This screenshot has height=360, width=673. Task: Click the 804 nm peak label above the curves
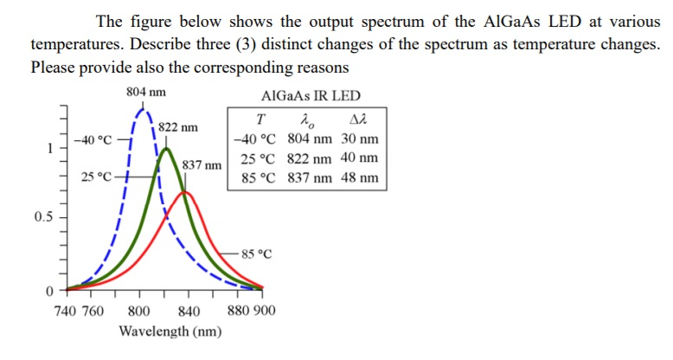point(146,93)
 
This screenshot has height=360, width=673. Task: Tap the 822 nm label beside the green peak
point(178,127)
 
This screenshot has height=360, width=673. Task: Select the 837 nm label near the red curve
point(204,164)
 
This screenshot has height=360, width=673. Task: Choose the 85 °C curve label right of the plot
point(257,254)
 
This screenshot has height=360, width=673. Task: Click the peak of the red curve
point(184,192)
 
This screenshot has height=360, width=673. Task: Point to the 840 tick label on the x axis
point(188,312)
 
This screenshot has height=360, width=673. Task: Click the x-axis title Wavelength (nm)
point(170,331)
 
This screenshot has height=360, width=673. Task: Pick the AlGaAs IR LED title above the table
point(311,96)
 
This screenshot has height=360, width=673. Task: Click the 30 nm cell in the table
point(359,139)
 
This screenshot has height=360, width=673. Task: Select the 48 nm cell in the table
point(359,178)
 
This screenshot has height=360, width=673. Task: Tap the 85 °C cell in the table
point(257,178)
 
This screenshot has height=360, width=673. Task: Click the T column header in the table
point(261,120)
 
